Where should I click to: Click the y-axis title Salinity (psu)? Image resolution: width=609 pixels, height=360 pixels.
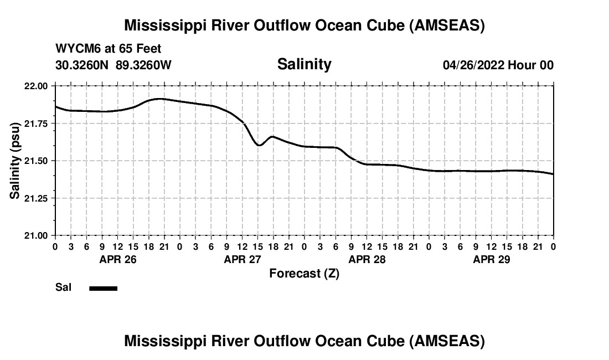coord(16,161)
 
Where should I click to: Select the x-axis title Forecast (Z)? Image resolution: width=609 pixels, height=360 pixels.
coord(304,274)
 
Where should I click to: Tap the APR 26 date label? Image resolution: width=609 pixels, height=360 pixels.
coord(117,259)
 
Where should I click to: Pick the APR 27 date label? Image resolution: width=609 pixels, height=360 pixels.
coord(242,259)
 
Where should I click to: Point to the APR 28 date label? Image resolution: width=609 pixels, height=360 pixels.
coord(367,259)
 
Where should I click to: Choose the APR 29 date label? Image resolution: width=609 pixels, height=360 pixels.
coord(491,259)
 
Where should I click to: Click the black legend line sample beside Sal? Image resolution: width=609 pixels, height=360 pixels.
coord(104,288)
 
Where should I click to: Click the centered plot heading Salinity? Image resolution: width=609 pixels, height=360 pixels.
coord(304,64)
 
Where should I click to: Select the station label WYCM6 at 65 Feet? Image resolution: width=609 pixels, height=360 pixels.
coord(109,49)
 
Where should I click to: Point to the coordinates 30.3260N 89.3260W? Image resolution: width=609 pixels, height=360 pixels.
coord(113,65)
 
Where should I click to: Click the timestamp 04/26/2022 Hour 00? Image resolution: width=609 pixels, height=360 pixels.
coord(498,65)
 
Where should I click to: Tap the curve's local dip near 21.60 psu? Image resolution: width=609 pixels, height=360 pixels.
coord(259,145)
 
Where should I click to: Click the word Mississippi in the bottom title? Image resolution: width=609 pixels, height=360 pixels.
coord(161,341)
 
